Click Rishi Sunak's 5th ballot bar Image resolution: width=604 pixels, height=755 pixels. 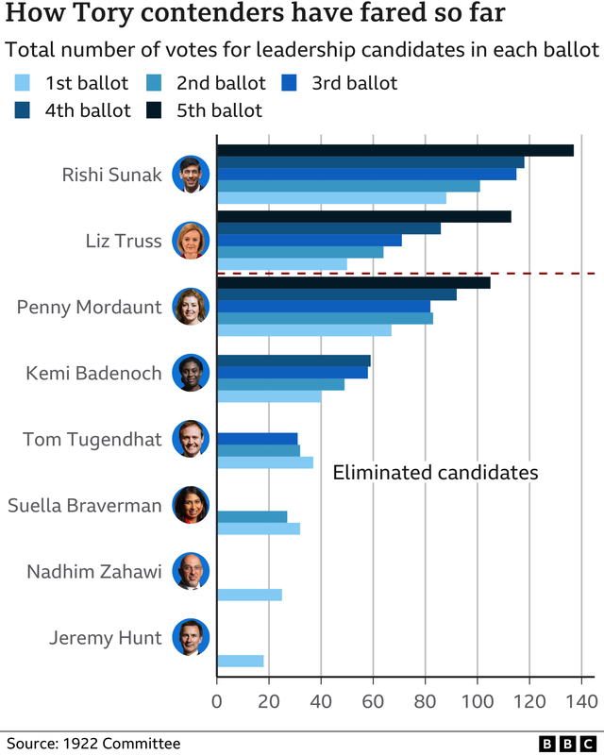[394, 150]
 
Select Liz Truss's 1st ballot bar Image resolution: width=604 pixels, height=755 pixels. [281, 264]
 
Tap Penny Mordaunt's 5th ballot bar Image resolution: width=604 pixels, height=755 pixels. [353, 282]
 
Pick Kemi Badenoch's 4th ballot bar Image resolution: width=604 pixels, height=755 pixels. [294, 361]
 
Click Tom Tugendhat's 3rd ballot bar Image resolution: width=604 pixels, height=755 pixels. [257, 438]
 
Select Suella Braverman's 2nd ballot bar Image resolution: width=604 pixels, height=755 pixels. [252, 516]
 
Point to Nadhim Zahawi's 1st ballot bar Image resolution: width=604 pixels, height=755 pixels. [249, 595]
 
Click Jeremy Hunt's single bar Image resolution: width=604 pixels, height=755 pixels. [240, 661]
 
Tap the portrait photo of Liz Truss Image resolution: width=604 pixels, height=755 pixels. [190, 241]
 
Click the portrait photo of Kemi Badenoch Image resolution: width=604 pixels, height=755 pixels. [190, 373]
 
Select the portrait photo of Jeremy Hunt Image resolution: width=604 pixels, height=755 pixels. [190, 638]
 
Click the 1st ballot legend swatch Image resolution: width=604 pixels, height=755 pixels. [26, 83]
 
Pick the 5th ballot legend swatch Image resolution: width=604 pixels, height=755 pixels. [157, 111]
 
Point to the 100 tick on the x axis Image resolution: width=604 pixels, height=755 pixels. [477, 701]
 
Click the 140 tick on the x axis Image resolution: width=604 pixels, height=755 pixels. [580, 701]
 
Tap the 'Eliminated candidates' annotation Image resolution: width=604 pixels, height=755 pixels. [435, 472]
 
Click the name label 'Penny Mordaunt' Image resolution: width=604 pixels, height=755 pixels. [90, 308]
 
